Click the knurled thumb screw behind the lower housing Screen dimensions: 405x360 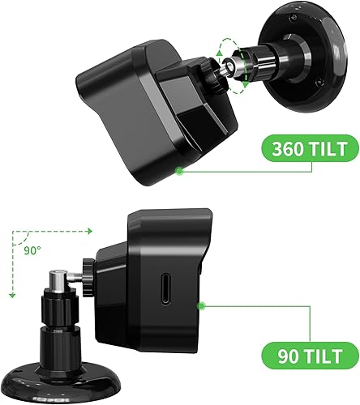pyautogui.click(x=87, y=270)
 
